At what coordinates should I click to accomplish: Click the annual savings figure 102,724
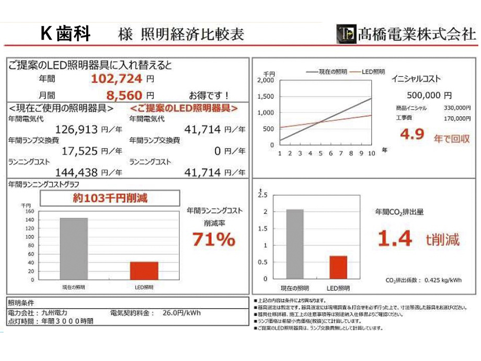pos(117,80)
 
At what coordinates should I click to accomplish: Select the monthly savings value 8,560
pos(124,95)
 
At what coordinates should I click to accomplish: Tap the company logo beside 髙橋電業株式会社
pos(346,33)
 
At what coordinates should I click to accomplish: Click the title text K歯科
pos(66,33)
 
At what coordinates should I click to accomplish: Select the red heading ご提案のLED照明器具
pos(184,108)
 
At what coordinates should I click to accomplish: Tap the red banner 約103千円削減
pos(110,198)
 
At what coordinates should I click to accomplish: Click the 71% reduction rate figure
pos(214,240)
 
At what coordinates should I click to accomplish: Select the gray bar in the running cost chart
pos(74,249)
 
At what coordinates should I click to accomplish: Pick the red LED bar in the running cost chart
pos(144,270)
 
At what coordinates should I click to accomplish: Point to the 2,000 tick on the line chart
pos(266,81)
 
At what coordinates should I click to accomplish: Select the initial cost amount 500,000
pos(425,96)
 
